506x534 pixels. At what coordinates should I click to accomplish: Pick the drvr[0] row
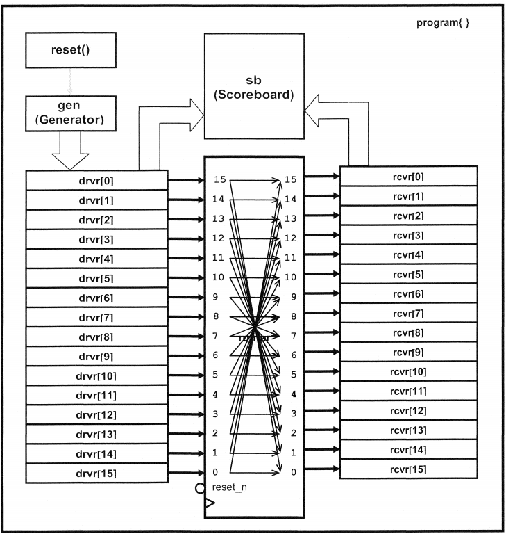pyautogui.click(x=96, y=181)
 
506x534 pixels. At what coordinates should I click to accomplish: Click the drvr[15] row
pyautogui.click(x=96, y=474)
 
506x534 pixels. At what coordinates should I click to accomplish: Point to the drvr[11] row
pyautogui.click(x=96, y=396)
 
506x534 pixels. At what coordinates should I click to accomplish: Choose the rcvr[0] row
pyautogui.click(x=408, y=176)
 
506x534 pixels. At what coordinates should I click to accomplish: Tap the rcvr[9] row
pyautogui.click(x=408, y=352)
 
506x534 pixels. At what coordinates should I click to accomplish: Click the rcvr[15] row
pyautogui.click(x=408, y=469)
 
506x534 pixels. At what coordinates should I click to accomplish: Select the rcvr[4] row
pyautogui.click(x=408, y=254)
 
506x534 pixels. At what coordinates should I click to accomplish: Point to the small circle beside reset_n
pyautogui.click(x=201, y=488)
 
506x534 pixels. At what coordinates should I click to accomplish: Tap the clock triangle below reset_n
pyautogui.click(x=210, y=503)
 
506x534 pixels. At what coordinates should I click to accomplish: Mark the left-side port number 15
pyautogui.click(x=219, y=180)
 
